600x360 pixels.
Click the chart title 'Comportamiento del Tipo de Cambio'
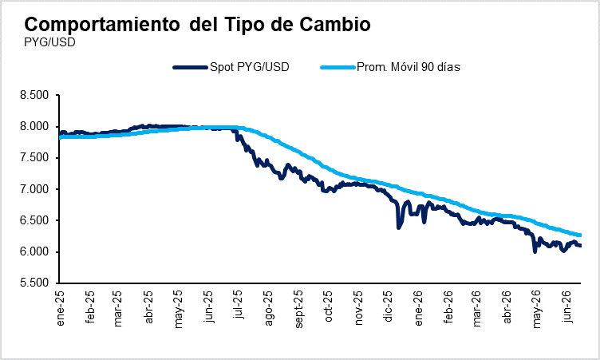click(197, 24)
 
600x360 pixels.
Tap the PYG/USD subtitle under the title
click(49, 42)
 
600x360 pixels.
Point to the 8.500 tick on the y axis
click(34, 95)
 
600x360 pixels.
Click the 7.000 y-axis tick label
click(34, 189)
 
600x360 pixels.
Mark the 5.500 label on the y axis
click(34, 283)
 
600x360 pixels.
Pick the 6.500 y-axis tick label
click(34, 220)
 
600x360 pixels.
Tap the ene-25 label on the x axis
click(60, 308)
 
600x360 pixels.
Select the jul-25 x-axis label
click(238, 305)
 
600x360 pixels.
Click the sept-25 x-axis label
click(298, 309)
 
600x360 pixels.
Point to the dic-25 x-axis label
click(388, 307)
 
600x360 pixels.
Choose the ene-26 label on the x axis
click(418, 308)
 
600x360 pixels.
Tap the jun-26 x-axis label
click(568, 307)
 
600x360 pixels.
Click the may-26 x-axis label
click(537, 309)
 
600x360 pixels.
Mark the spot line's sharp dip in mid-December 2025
click(398, 227)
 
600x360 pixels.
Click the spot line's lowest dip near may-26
click(535, 252)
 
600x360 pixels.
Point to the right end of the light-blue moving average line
click(581, 235)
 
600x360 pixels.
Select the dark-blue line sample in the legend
click(190, 67)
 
